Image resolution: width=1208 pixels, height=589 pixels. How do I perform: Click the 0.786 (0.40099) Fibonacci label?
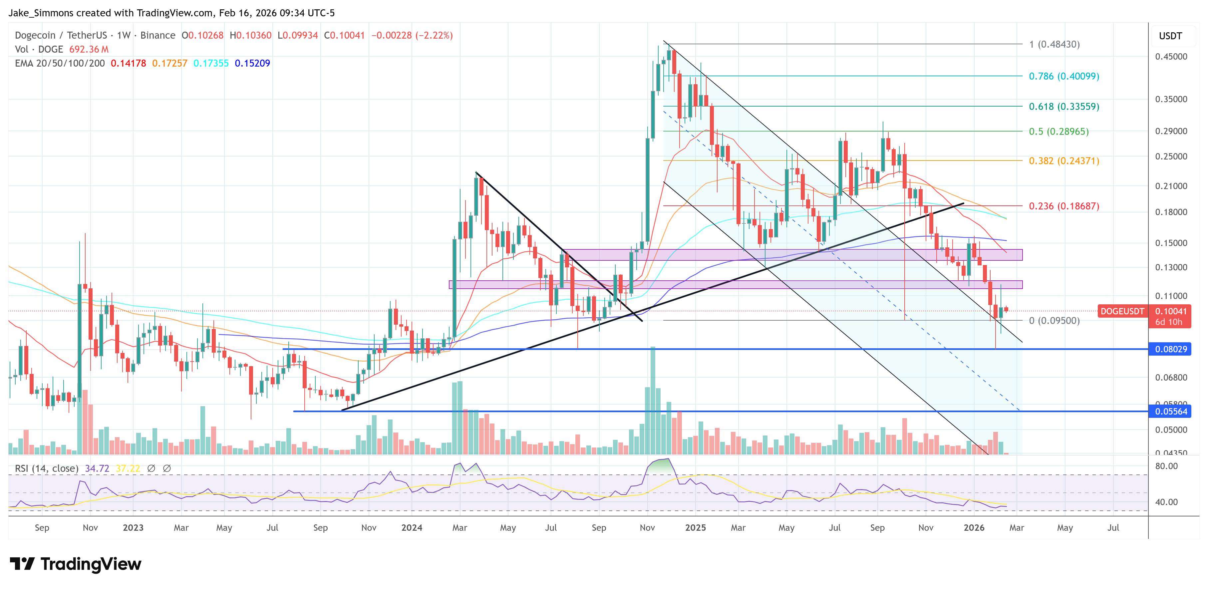(x=1063, y=76)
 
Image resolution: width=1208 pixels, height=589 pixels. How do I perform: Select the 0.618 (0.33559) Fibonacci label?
(x=1063, y=107)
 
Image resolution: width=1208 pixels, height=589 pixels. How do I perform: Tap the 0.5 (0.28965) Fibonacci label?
(x=1058, y=131)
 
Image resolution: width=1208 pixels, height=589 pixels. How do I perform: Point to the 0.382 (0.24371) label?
(x=1063, y=161)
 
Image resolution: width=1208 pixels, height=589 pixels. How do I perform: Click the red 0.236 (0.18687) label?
(x=1063, y=206)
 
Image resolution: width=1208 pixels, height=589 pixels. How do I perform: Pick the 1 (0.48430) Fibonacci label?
(x=1054, y=44)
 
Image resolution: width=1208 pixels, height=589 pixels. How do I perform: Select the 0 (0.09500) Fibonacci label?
(x=1054, y=320)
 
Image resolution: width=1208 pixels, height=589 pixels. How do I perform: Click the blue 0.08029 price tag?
(x=1170, y=349)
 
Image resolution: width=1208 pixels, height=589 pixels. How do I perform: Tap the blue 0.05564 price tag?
(x=1170, y=411)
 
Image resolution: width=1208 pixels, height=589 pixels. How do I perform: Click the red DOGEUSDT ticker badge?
(x=1122, y=311)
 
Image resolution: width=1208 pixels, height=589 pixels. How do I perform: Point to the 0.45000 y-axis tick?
(x=1170, y=56)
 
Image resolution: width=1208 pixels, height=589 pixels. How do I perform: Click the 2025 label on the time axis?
(x=695, y=527)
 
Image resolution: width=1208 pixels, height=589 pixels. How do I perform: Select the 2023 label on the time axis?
(x=133, y=527)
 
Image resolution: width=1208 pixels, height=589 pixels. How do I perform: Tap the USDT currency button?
(x=1170, y=36)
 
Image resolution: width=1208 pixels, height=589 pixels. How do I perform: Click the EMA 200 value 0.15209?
(x=252, y=63)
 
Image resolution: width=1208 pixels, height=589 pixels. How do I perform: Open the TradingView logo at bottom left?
(x=75, y=564)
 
